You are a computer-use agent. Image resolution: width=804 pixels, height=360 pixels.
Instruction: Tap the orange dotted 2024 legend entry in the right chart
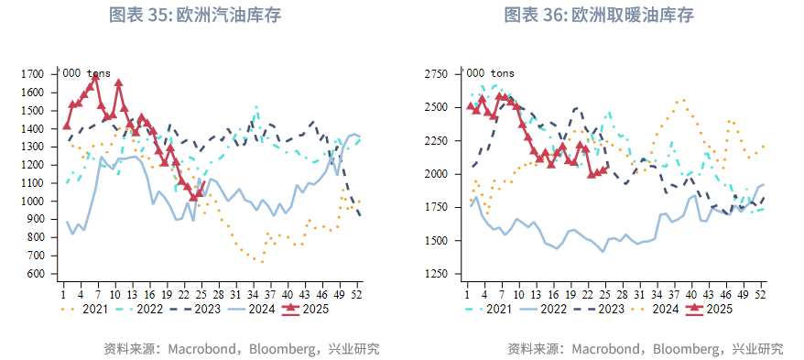pyautogui.click(x=654, y=310)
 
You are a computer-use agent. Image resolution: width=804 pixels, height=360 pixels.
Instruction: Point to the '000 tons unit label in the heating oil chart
pyautogui.click(x=490, y=72)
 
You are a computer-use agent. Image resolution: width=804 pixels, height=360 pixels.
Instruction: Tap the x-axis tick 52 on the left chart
pyautogui.click(x=358, y=294)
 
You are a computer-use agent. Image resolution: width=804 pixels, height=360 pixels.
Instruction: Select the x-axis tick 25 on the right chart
pyautogui.click(x=604, y=294)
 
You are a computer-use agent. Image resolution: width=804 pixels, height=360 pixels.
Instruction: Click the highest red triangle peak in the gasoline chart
pyautogui.click(x=118, y=83)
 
